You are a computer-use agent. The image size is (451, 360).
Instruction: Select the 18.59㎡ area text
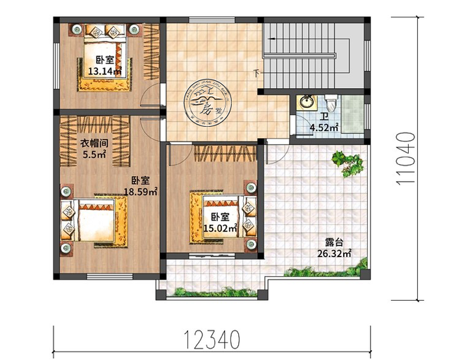(141, 191)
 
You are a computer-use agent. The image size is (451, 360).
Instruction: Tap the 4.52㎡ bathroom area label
(324, 128)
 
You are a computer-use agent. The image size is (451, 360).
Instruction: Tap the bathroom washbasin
(307, 104)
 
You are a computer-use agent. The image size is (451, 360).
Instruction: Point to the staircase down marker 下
(256, 73)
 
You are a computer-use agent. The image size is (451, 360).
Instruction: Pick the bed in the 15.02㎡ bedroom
(216, 214)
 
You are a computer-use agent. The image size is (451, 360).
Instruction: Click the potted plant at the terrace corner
(349, 164)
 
